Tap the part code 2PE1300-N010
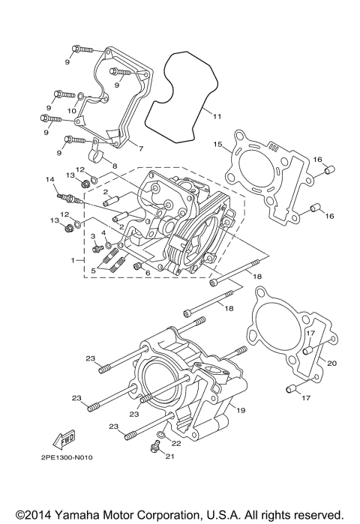[x=67, y=457]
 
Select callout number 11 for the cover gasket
[x=217, y=117]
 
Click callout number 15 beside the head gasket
[x=218, y=144]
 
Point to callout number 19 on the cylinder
[x=241, y=410]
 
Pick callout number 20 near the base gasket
[x=331, y=363]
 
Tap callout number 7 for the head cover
[x=141, y=148]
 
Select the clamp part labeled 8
[x=96, y=153]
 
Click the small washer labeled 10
[x=81, y=97]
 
